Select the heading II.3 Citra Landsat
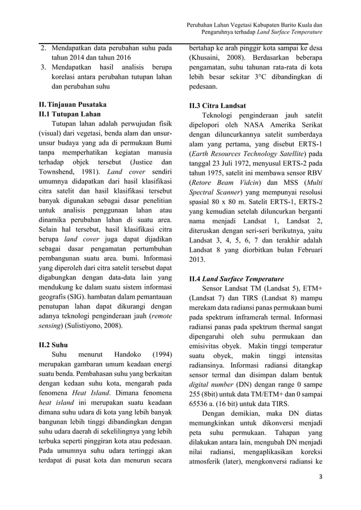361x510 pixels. point(217,106)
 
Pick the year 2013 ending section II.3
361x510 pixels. point(198,260)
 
